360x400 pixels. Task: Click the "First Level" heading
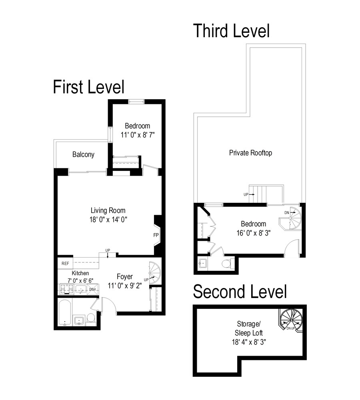(x=88, y=87)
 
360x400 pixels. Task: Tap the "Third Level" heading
(x=231, y=31)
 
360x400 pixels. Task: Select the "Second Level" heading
(x=240, y=292)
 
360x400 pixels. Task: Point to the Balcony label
(x=83, y=154)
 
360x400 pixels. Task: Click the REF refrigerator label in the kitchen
(x=65, y=264)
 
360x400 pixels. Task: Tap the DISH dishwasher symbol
(x=92, y=289)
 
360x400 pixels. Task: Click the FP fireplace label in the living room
(x=156, y=235)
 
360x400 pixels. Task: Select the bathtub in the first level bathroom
(x=65, y=312)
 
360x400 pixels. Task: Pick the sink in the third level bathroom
(x=203, y=263)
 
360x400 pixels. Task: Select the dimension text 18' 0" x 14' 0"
(x=108, y=219)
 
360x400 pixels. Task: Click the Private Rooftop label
(x=250, y=153)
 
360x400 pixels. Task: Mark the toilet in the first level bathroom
(x=91, y=318)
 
